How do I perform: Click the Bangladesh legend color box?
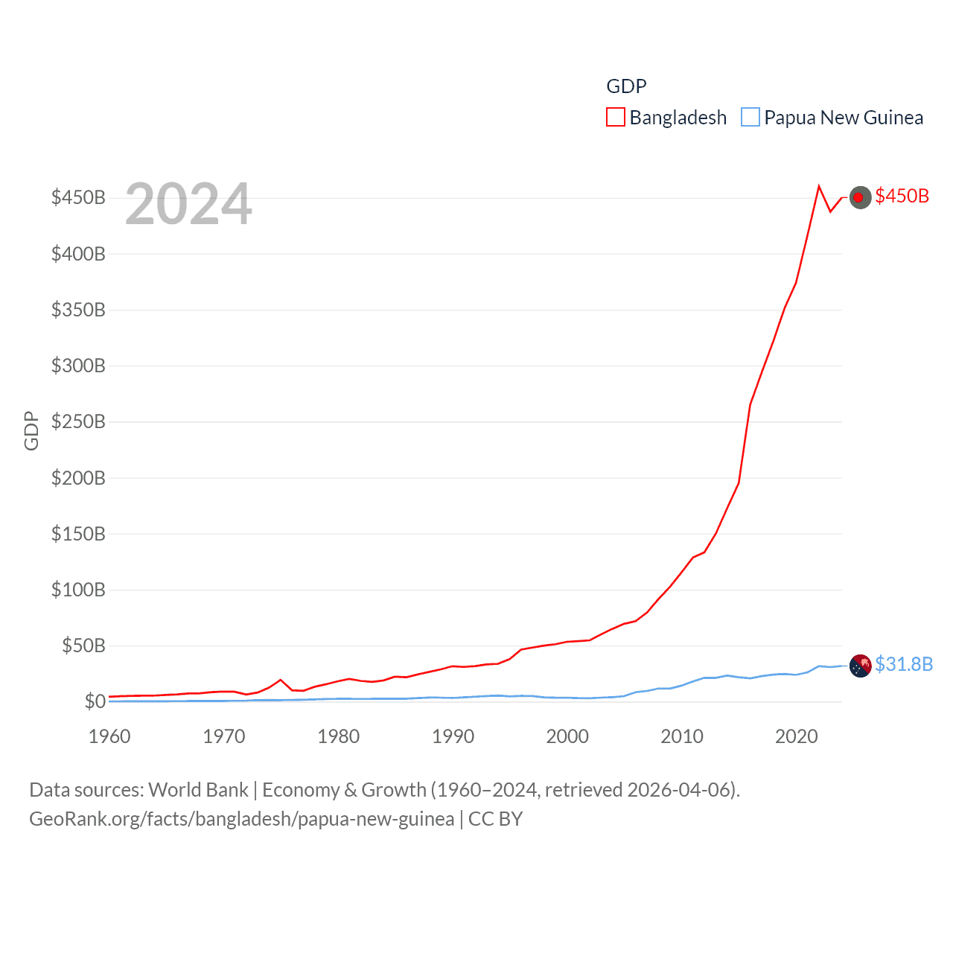coord(616,118)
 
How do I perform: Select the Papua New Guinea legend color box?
coord(750,118)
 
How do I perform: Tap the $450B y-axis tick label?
coord(78,197)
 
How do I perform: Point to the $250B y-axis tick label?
coord(78,421)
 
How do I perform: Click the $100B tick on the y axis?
coord(78,590)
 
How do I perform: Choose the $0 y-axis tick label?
coord(95,701)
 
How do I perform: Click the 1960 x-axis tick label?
coord(109,736)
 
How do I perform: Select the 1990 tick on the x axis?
coord(453,736)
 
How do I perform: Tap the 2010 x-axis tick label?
coord(682,736)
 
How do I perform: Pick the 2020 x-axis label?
coord(797,736)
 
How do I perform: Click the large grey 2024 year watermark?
coord(188,204)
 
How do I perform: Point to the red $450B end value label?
coord(902,196)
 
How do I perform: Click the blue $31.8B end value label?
coord(904,664)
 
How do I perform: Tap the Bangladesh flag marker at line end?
coord(860,197)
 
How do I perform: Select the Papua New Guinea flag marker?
coord(860,666)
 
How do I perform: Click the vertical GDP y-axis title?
coord(31,430)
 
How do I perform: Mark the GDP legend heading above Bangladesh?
coord(626,86)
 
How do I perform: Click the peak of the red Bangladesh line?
coord(819,186)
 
